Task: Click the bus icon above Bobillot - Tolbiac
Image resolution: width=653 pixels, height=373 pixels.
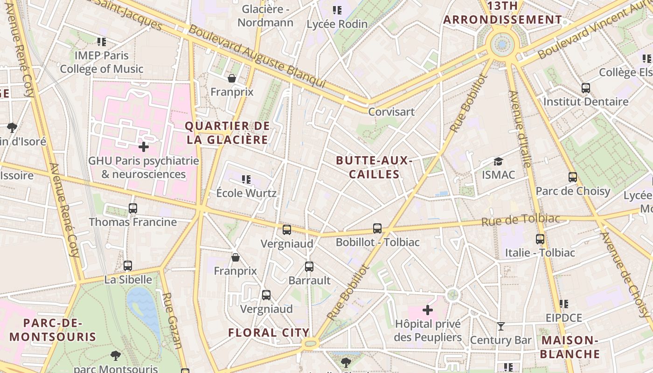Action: (x=377, y=228)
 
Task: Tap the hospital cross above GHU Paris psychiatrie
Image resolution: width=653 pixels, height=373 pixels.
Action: (x=144, y=147)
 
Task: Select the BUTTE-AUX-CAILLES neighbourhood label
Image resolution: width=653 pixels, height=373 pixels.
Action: (x=374, y=167)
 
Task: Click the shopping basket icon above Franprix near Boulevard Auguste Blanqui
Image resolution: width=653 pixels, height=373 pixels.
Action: (x=232, y=78)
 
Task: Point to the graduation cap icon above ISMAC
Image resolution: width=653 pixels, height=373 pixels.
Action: (x=499, y=161)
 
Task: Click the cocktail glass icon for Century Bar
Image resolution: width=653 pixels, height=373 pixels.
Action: (x=501, y=326)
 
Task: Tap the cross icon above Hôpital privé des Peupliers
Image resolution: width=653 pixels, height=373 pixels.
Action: (x=428, y=310)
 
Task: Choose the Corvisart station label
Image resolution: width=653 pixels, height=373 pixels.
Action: (x=391, y=112)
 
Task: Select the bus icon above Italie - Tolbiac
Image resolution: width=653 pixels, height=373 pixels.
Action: (x=540, y=239)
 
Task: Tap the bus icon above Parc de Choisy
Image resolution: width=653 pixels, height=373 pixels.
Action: (x=573, y=177)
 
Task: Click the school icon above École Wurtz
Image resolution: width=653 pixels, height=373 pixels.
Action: (x=246, y=179)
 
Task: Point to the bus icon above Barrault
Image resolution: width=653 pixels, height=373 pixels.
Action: (x=309, y=267)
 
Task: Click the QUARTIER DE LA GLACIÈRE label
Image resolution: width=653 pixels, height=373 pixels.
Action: (x=228, y=133)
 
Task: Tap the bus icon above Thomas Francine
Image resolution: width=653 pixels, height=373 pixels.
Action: (x=133, y=208)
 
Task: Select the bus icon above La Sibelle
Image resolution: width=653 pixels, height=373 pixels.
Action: (x=128, y=266)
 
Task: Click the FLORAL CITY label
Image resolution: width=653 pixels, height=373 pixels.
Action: (x=269, y=332)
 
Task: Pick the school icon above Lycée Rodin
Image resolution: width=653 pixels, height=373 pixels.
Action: (x=337, y=10)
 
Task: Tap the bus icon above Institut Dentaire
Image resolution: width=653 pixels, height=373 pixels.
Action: (x=586, y=88)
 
